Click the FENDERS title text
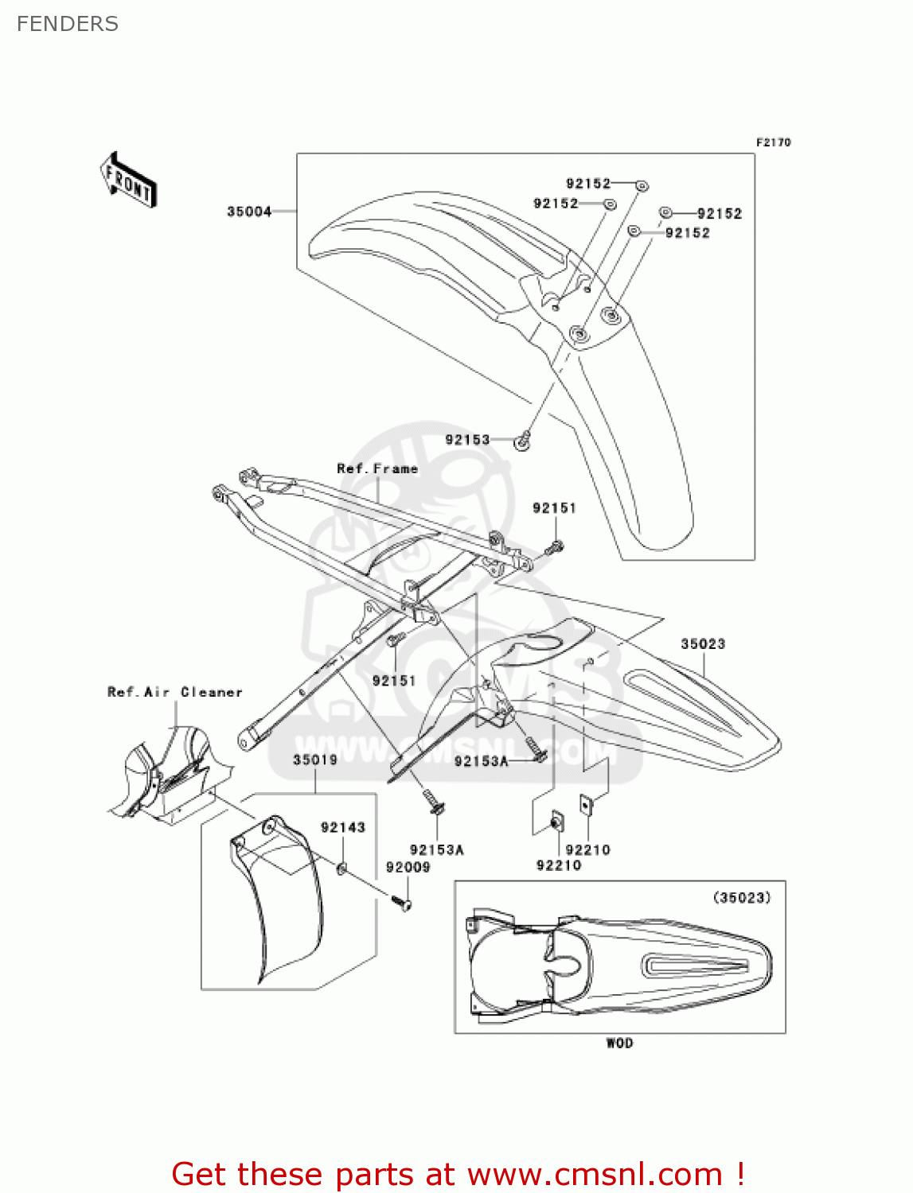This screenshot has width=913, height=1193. [67, 24]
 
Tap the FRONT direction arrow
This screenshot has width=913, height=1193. [128, 180]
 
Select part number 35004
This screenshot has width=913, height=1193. [249, 212]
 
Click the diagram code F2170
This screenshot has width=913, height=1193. [773, 142]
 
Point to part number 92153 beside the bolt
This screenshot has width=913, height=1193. [467, 440]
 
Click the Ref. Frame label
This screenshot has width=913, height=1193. [377, 469]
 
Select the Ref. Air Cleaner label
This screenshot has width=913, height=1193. [175, 692]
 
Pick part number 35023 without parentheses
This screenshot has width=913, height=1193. [703, 644]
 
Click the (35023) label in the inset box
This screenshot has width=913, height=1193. [741, 898]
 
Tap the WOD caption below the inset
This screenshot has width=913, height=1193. [619, 1043]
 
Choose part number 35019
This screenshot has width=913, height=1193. [315, 760]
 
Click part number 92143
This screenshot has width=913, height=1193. [343, 828]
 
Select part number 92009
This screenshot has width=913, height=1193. [408, 868]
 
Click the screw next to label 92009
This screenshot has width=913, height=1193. [402, 903]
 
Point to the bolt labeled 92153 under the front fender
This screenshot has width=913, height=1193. [523, 440]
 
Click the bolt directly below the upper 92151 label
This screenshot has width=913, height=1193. [555, 547]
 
